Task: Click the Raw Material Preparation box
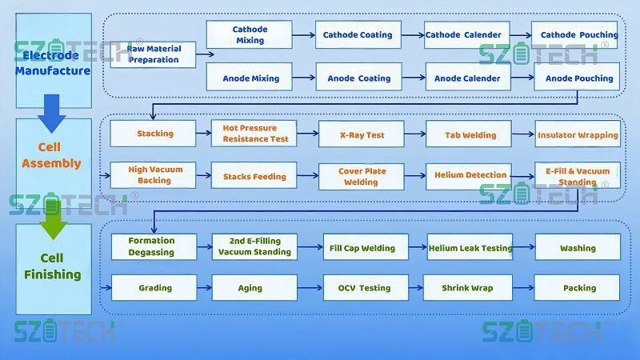tap(153, 54)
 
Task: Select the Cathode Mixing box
tap(250, 35)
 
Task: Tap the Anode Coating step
tap(358, 78)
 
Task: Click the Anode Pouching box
tap(578, 78)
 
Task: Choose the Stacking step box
tap(154, 134)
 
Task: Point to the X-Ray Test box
tap(362, 135)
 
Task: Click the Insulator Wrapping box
tap(578, 135)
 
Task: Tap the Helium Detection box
tap(470, 174)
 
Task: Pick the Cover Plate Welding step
tap(362, 176)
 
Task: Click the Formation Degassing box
tap(153, 246)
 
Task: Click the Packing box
tap(578, 288)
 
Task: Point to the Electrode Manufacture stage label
tap(53, 62)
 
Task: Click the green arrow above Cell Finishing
tap(53, 219)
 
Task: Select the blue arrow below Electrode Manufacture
tap(52, 112)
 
